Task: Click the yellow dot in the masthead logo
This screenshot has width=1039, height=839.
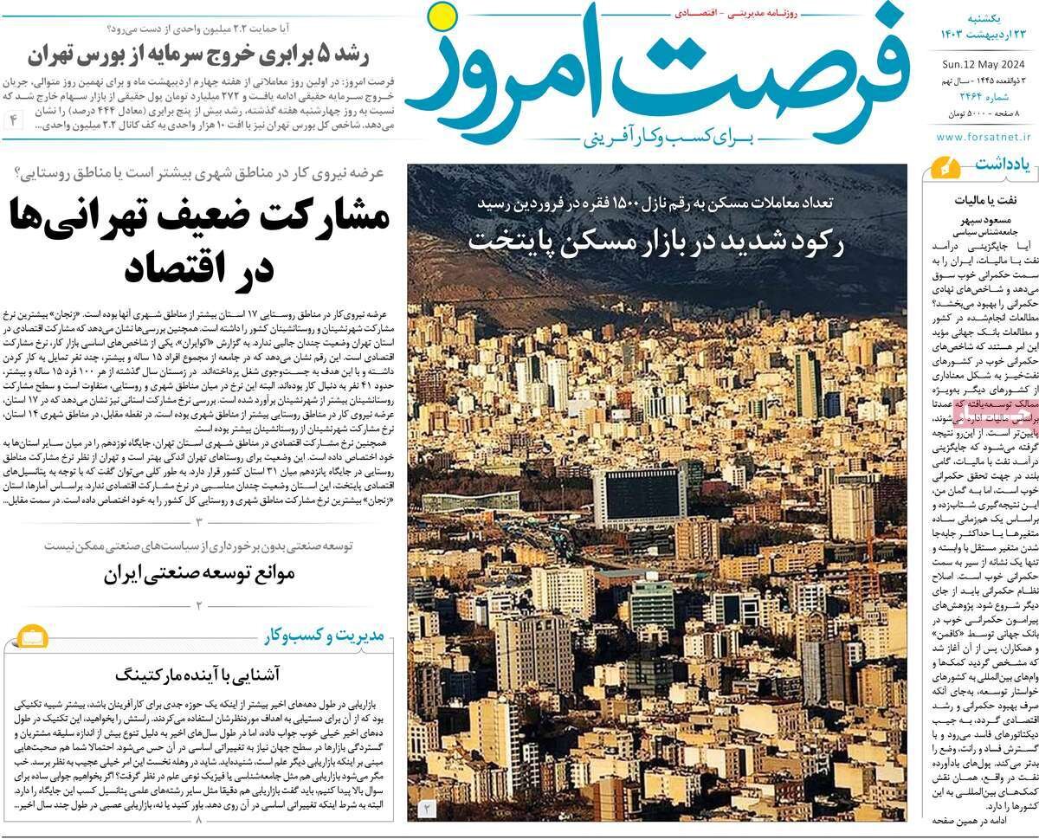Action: tap(443, 16)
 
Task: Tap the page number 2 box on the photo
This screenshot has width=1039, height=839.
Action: tap(427, 809)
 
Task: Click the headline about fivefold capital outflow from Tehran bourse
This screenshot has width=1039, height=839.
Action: tap(198, 56)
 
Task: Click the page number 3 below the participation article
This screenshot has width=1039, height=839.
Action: tap(198, 521)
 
